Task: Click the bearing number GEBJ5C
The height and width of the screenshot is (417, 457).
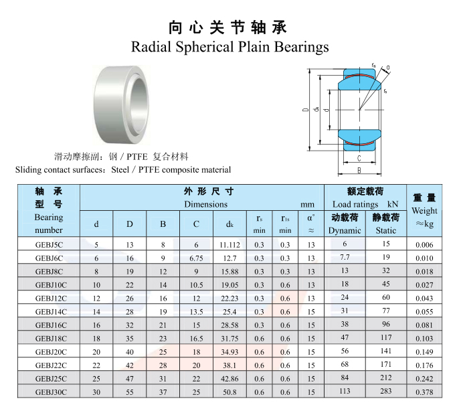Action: tap(49, 245)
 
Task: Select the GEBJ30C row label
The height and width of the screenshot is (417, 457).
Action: tap(51, 392)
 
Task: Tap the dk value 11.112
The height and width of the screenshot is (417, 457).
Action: tap(230, 245)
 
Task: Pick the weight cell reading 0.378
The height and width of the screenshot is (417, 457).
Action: tap(424, 392)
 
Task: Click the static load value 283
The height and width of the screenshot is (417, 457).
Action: tap(386, 391)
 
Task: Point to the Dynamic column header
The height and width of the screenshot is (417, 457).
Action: tap(345, 230)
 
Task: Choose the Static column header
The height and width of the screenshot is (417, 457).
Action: tap(386, 230)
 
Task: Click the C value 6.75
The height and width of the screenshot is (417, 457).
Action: tap(196, 258)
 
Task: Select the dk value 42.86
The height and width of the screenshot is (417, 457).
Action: tap(230, 379)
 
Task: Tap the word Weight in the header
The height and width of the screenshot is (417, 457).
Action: tap(424, 211)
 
